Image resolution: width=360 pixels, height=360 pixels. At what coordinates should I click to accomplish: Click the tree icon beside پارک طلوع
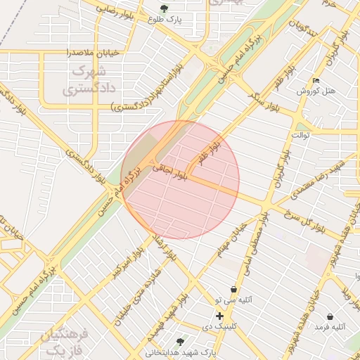point(164,9)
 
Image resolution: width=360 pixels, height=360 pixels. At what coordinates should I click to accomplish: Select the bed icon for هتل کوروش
point(315,80)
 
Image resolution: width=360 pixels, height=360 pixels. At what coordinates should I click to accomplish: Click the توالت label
point(301,134)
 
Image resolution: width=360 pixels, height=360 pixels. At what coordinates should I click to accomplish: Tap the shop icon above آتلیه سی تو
point(233,289)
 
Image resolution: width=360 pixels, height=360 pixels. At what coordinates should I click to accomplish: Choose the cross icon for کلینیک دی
point(220,316)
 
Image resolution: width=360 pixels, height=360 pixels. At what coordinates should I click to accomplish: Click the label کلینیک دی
point(217,327)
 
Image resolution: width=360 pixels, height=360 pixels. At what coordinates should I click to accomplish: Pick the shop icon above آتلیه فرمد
point(330,317)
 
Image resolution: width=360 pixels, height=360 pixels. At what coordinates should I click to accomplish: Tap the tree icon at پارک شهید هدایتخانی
point(181,342)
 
